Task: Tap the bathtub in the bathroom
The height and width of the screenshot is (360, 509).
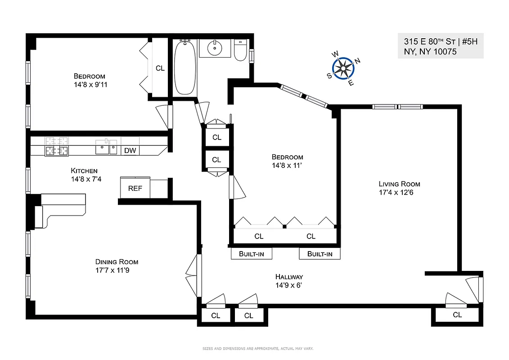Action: pos(185,67)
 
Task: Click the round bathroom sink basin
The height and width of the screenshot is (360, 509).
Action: pos(215,47)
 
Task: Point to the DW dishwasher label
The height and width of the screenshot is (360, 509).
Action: pos(130,151)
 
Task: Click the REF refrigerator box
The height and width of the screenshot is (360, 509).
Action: pos(135,188)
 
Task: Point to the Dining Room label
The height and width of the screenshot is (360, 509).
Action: pos(117,262)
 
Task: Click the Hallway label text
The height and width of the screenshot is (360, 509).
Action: pos(289,277)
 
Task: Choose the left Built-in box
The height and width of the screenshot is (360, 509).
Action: pos(252,254)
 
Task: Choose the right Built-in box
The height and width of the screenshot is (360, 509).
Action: pos(320,254)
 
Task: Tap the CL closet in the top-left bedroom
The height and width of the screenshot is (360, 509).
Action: pos(160,68)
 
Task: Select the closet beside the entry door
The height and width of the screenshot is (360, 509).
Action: pos(457,315)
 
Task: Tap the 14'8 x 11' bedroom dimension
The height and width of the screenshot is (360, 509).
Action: pos(287,166)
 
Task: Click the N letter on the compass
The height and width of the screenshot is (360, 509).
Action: pos(357,61)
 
